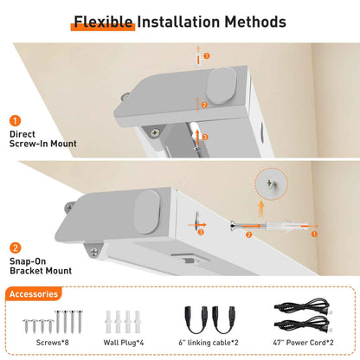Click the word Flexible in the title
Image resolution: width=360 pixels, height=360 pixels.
point(103,22)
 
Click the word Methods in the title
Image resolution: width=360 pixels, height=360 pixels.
point(255,22)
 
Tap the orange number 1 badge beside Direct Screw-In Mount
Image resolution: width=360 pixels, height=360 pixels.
point(16,120)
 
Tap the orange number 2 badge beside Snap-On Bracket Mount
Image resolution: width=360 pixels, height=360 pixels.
point(16,247)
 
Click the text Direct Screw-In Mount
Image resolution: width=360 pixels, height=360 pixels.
point(43,138)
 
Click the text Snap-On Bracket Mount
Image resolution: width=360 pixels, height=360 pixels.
point(41,266)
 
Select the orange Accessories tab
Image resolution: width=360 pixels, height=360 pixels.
point(34,294)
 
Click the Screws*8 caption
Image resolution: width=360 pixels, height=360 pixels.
point(53,343)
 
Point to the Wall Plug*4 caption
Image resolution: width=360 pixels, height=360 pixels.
point(124,343)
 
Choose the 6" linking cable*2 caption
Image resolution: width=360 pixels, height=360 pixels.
point(209,343)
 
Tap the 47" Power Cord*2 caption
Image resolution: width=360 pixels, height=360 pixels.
point(303,343)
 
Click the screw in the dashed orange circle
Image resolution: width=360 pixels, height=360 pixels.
point(270,183)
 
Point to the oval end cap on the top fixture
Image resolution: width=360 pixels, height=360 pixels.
point(222,86)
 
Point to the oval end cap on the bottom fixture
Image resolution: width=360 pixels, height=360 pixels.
point(147,212)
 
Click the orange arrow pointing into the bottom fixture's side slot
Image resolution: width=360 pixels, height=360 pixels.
point(197,225)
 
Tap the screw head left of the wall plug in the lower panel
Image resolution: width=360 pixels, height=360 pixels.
point(233,225)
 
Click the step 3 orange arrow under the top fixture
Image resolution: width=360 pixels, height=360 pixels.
point(197,138)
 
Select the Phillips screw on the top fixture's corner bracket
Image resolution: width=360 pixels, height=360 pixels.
point(155,132)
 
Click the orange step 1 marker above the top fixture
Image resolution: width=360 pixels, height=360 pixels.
point(207,55)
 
